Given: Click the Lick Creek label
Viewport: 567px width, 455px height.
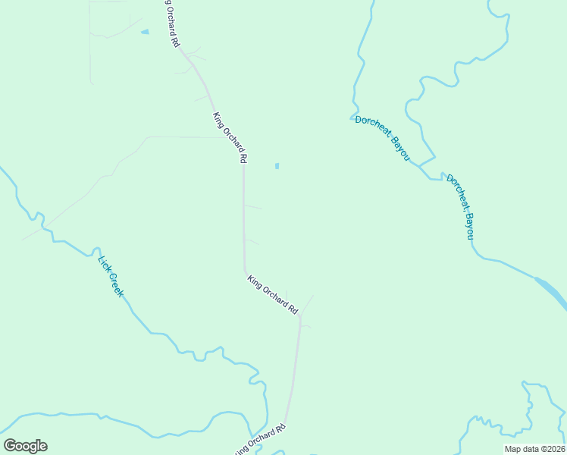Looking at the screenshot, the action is (x=111, y=275).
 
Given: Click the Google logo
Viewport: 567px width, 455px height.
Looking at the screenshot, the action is (x=25, y=446).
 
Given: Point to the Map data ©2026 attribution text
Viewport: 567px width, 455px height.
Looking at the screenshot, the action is (x=534, y=449).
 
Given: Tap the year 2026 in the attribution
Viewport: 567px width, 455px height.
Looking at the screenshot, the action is (x=554, y=449).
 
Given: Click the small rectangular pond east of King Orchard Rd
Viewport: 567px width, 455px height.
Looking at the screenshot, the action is (x=277, y=165).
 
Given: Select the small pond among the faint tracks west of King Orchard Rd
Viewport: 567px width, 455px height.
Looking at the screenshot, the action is (x=144, y=32).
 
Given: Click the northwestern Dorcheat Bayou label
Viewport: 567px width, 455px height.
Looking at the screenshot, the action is (x=384, y=137).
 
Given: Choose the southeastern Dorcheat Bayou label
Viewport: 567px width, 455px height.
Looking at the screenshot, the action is (x=459, y=206).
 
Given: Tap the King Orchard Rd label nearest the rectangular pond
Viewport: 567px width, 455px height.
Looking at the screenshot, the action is (x=230, y=138).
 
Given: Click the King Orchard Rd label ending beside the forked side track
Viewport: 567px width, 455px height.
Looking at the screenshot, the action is (x=273, y=294).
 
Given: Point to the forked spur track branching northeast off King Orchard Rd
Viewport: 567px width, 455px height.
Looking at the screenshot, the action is (x=307, y=304).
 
